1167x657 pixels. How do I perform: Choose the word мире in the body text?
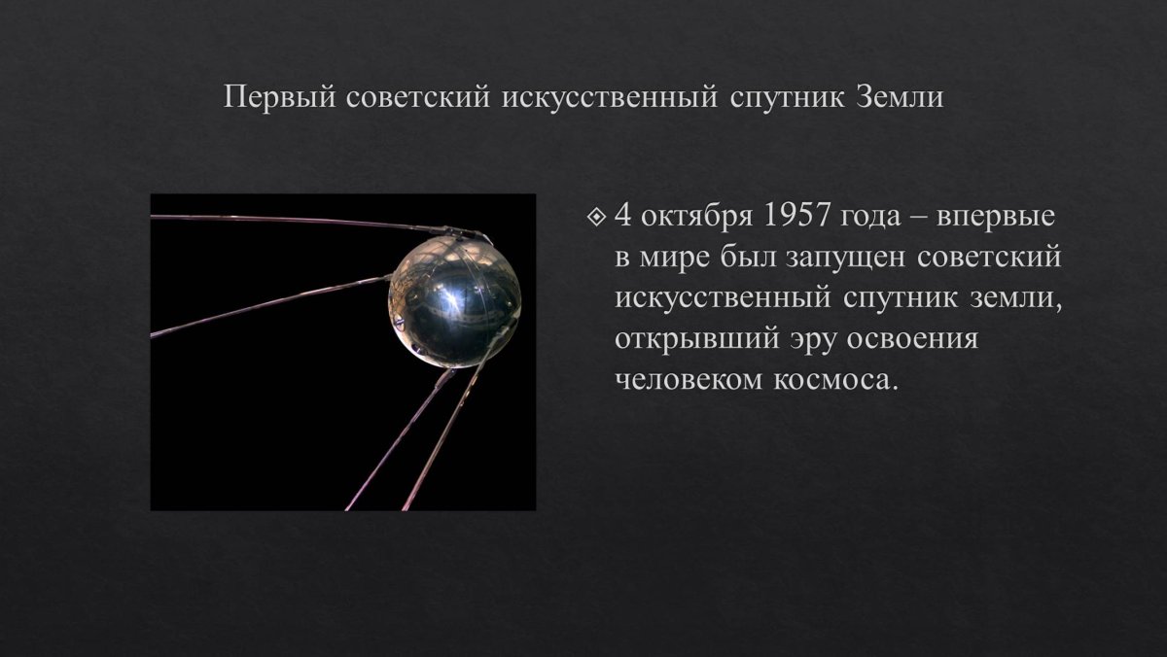674,259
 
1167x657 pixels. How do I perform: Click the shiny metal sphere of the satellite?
453,294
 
